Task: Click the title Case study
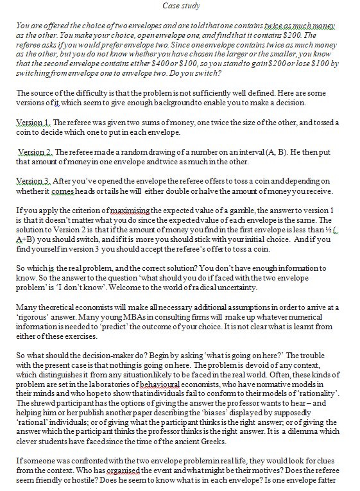tap(182, 6)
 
